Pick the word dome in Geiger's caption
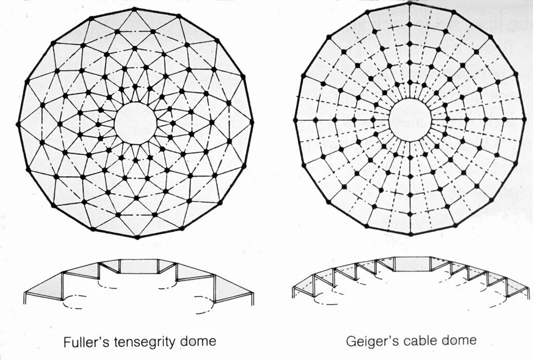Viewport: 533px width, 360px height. click(x=460, y=341)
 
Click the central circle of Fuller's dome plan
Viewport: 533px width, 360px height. click(x=135, y=123)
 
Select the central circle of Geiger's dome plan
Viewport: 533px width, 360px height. click(x=410, y=120)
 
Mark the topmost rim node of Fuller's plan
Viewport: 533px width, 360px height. click(x=134, y=9)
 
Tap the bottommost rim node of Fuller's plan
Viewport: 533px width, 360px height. click(x=137, y=237)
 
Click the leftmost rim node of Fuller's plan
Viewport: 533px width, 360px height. click(x=19, y=124)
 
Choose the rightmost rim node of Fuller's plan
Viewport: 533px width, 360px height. click(x=252, y=122)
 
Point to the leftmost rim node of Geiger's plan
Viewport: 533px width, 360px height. click(x=295, y=120)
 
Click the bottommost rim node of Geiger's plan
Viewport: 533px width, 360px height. click(x=410, y=233)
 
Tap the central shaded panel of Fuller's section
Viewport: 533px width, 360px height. click(x=138, y=266)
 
